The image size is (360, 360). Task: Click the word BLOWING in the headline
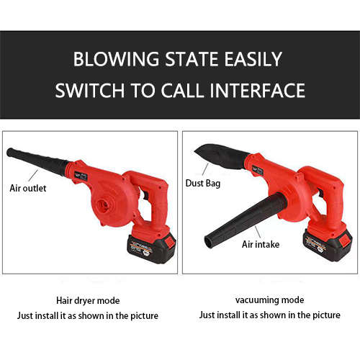116,59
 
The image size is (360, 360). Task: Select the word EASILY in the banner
253,59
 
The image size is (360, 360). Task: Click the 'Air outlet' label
28,188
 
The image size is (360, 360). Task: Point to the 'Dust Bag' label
203,184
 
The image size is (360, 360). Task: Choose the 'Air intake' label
261,244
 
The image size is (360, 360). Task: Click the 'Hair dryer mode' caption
88,301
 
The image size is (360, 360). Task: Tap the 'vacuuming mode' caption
269,300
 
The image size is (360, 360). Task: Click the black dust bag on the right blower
222,156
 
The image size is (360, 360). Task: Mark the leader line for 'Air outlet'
33,176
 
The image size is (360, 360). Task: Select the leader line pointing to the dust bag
205,169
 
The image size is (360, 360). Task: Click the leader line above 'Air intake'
258,232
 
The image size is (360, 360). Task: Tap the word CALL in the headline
182,91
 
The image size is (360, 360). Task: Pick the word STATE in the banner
192,59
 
